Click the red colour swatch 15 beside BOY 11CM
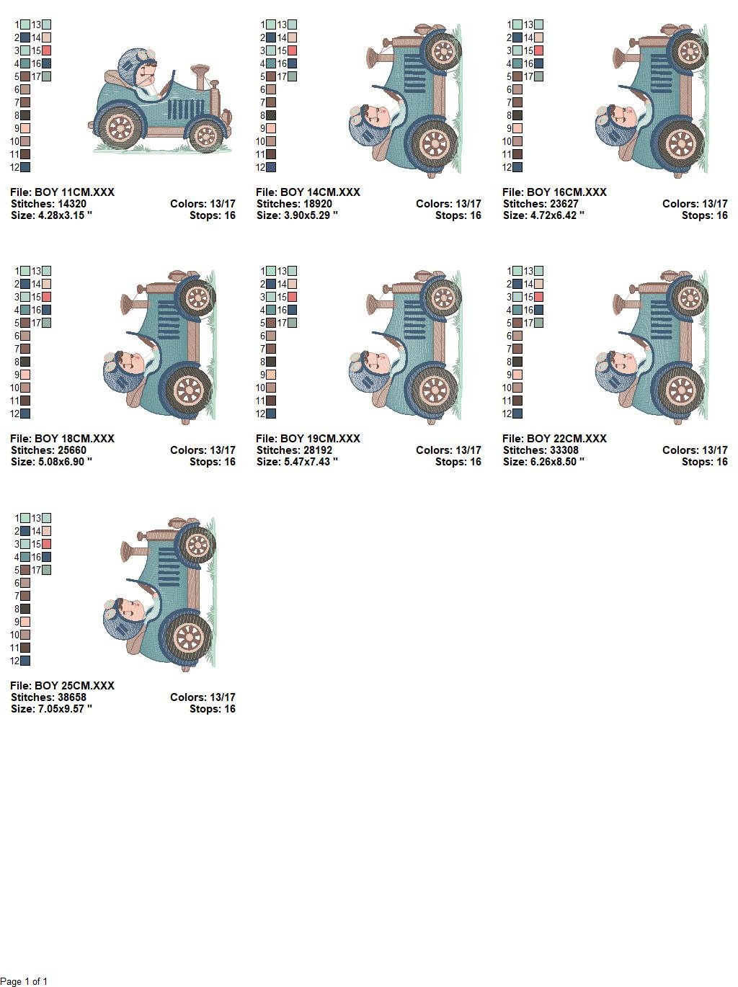[46, 50]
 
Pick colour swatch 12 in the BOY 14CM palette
[271, 167]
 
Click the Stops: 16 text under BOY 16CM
[704, 215]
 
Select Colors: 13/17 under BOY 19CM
[448, 450]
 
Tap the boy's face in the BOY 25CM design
[133, 610]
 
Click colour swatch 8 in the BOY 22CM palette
[517, 362]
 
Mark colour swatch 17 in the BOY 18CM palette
[46, 323]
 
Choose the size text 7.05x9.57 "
[65, 709]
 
